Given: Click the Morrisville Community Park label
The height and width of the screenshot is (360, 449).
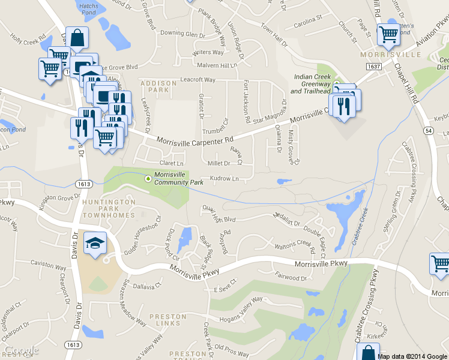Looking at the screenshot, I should (175, 178).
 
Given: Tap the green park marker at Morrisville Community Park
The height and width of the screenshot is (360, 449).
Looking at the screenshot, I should (148, 178).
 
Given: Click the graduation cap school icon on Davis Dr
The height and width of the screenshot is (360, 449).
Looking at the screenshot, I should (95, 243).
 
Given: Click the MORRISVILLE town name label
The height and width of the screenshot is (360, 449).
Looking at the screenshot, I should (391, 55).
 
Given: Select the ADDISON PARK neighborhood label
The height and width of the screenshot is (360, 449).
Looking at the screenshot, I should (158, 86).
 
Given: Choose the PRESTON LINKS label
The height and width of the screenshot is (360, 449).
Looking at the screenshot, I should (168, 320).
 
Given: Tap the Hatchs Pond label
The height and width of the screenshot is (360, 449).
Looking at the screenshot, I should (88, 8).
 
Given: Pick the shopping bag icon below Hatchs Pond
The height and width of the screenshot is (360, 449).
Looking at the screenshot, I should (78, 38).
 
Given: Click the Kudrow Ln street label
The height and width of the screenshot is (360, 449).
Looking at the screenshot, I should (223, 179).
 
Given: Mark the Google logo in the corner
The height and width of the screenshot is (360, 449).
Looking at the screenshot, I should (21, 350).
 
